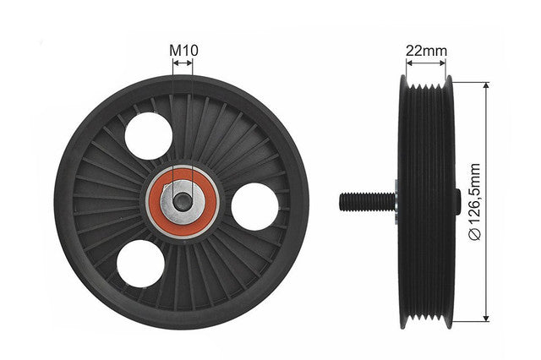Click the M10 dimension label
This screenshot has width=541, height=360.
coord(183,51)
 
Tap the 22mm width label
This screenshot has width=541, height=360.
coord(426,51)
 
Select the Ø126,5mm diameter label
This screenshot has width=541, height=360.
coord(475,202)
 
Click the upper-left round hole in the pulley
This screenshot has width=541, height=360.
coord(149,136)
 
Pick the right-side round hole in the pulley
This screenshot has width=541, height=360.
coord(254,206)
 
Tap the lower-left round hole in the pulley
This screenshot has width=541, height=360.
coord(140,264)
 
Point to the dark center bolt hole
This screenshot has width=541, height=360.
coord(183,202)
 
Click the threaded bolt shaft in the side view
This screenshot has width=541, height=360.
coord(367,202)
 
